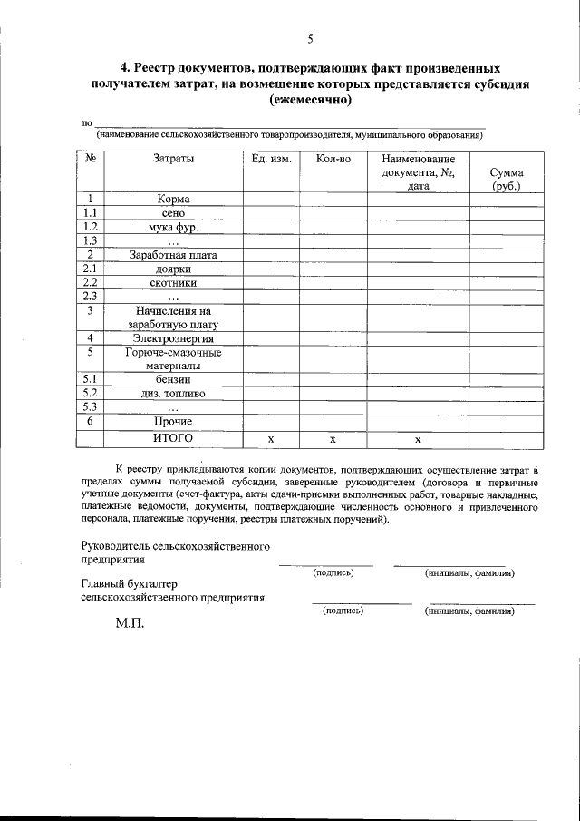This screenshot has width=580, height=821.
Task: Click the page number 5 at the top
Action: click(x=310, y=38)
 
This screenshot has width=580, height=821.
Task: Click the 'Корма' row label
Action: click(x=173, y=199)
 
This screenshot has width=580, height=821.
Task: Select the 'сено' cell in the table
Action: click(x=173, y=213)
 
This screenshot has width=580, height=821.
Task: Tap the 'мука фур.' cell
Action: click(x=173, y=227)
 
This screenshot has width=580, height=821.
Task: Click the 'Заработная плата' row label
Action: click(x=173, y=255)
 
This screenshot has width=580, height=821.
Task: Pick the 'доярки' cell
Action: click(x=173, y=269)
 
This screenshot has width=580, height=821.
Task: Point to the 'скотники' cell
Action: click(x=173, y=283)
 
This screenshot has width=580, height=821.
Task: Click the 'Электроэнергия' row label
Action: click(x=173, y=338)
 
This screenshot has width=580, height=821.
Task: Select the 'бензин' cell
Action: click(x=173, y=380)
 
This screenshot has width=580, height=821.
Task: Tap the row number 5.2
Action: click(x=90, y=394)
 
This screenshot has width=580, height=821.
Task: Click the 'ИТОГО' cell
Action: click(x=173, y=438)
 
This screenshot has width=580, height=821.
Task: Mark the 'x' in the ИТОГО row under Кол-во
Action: click(x=333, y=439)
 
